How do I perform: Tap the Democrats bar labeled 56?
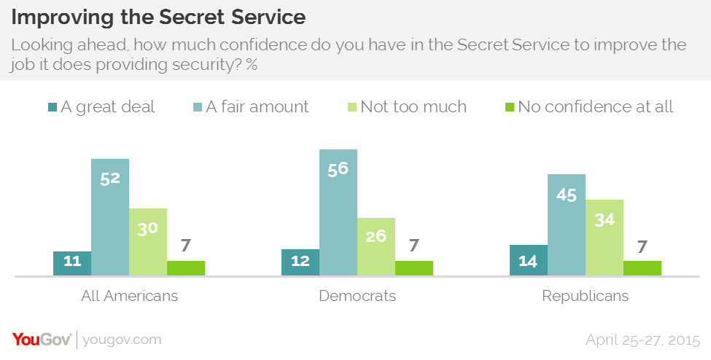pyautogui.click(x=338, y=212)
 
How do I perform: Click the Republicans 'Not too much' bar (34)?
pyautogui.click(x=605, y=238)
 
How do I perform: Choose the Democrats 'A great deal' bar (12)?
pyautogui.click(x=300, y=262)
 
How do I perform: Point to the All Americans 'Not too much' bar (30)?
pyautogui.click(x=148, y=242)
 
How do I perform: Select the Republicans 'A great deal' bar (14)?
pyautogui.click(x=529, y=260)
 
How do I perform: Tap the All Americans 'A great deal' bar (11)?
pyautogui.click(x=72, y=263)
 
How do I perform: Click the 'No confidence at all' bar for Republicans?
pyautogui.click(x=642, y=268)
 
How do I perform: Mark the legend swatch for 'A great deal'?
pyautogui.click(x=53, y=107)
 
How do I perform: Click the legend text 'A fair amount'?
pyautogui.click(x=257, y=107)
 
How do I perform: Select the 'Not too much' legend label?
pyautogui.click(x=413, y=107)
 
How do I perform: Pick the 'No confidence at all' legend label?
pyautogui.click(x=595, y=107)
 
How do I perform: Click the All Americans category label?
pyautogui.click(x=129, y=297)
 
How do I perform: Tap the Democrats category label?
pyautogui.click(x=357, y=297)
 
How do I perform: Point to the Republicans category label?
pyautogui.click(x=586, y=297)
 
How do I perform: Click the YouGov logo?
pyautogui.click(x=42, y=340)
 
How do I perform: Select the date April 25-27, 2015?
pyautogui.click(x=642, y=340)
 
